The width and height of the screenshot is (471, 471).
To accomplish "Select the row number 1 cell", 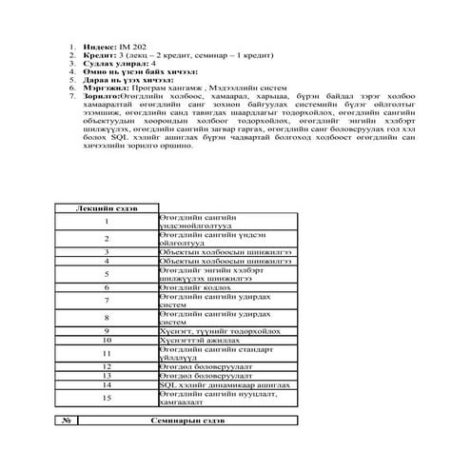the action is pyautogui.click(x=107, y=222).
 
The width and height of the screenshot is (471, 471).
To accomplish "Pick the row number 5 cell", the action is pyautogui.click(x=107, y=273).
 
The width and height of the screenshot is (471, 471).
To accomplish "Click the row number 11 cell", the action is pyautogui.click(x=107, y=352).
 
